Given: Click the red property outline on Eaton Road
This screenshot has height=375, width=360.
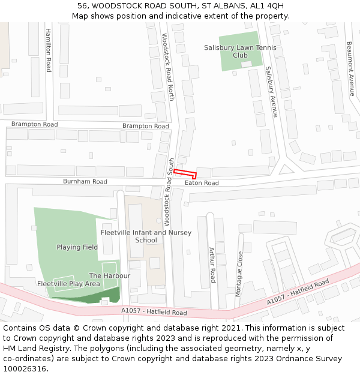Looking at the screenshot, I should [185, 173].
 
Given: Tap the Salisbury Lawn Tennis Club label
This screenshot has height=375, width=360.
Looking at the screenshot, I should [240, 51].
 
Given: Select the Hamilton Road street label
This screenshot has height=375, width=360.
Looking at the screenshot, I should [49, 50].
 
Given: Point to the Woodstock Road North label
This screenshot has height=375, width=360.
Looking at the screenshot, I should [169, 67].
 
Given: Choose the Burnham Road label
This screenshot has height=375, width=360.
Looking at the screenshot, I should [85, 181].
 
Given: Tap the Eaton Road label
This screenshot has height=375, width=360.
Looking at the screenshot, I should [202, 183].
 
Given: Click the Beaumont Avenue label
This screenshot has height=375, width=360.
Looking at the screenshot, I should [350, 68].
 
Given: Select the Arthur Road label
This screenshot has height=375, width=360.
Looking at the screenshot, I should [212, 265].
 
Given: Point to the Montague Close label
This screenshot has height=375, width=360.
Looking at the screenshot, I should [240, 273].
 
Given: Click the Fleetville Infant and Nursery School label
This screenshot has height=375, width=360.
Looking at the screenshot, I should [146, 236].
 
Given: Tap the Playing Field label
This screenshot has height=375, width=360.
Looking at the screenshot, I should [77, 247].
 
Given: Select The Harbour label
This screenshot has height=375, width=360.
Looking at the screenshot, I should [109, 275].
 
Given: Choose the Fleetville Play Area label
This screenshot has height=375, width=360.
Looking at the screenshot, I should [68, 284].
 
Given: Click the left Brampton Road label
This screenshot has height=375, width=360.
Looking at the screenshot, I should [34, 124].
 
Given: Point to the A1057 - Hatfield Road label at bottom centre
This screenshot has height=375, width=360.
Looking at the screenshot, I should [154, 312].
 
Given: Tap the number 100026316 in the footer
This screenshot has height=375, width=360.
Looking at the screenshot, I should [25, 368].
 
